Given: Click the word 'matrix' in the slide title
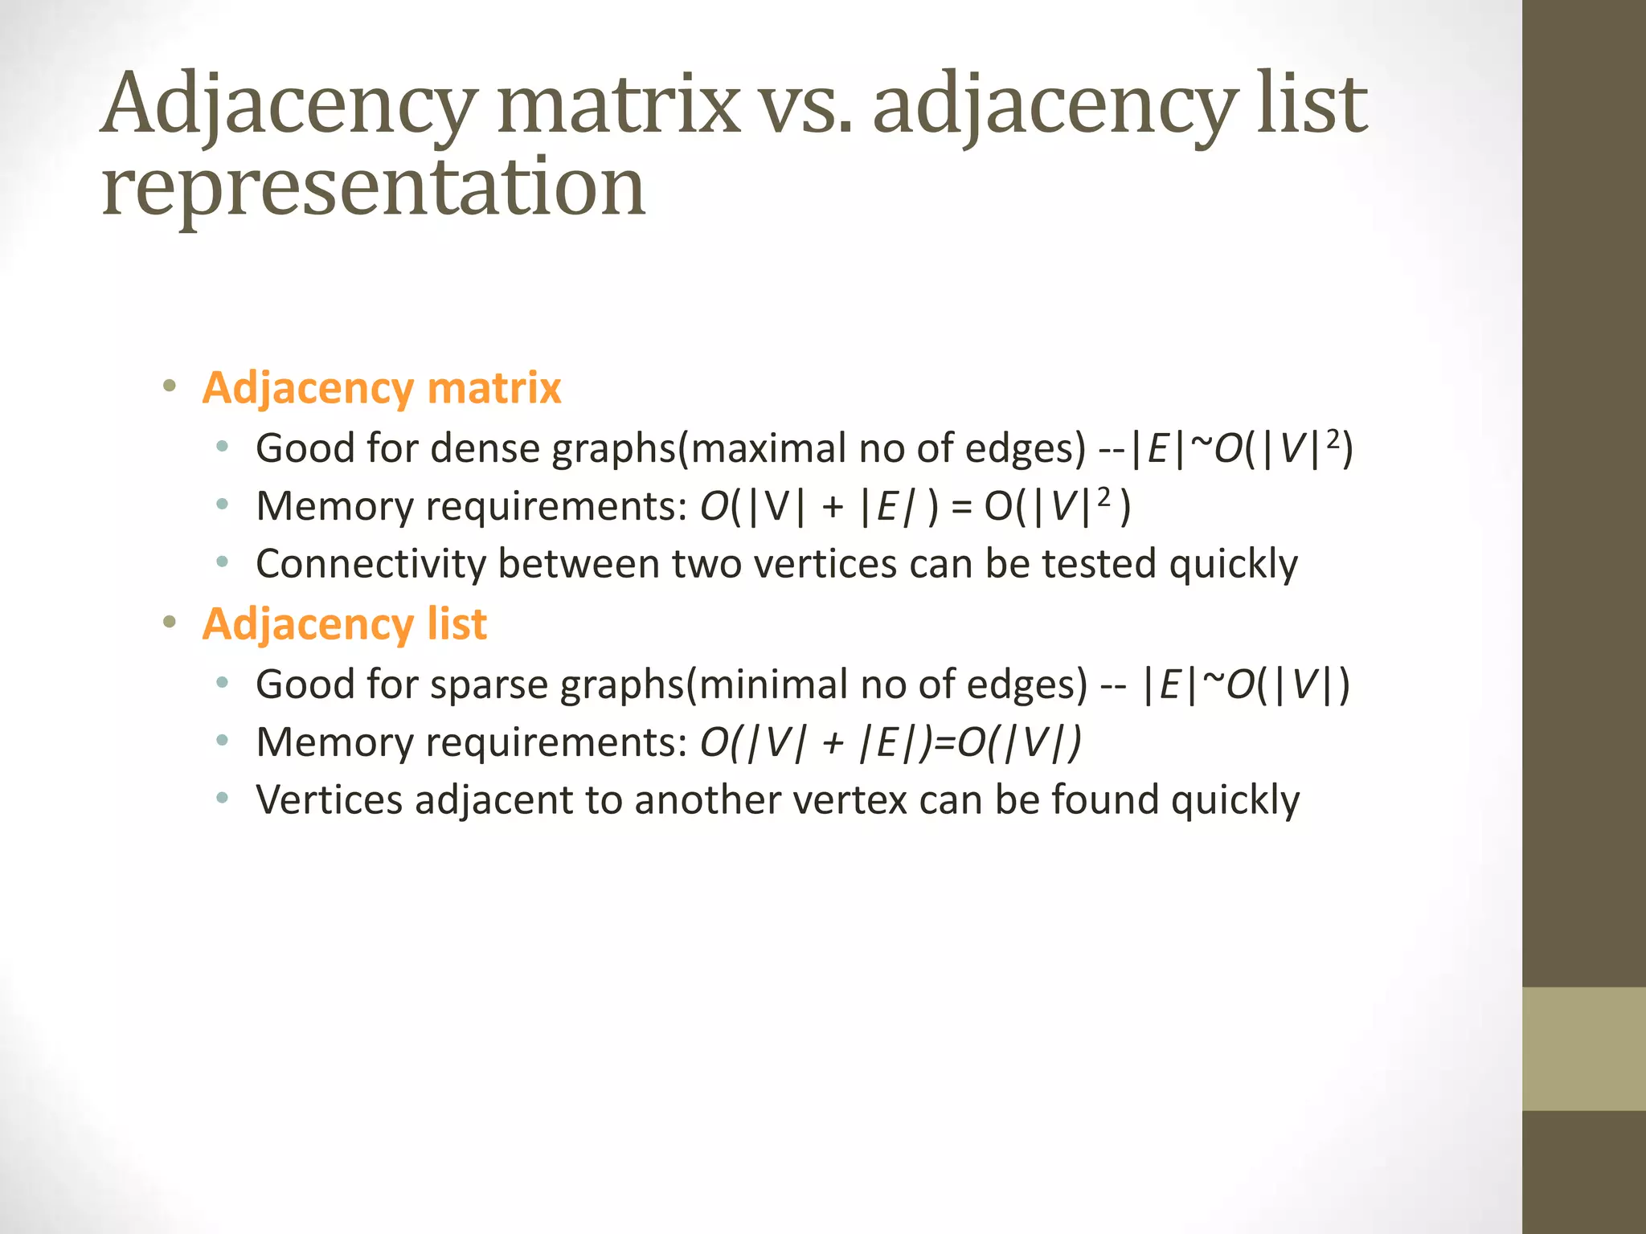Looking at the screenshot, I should click(x=618, y=104).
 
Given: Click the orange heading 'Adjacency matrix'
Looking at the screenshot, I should click(x=382, y=388).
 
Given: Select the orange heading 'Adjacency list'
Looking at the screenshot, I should click(x=345, y=624).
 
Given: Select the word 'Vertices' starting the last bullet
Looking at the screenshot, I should click(x=330, y=800).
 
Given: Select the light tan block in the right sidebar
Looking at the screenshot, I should click(x=1584, y=1048).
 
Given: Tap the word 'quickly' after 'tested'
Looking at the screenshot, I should click(x=1234, y=564).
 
